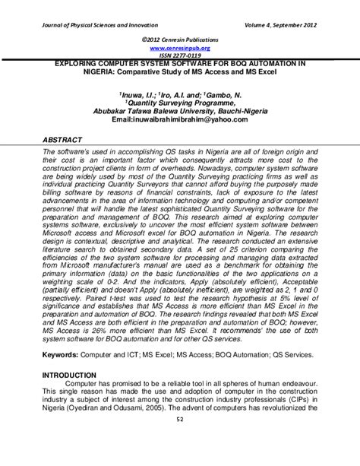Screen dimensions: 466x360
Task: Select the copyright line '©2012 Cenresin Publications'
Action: tap(179, 37)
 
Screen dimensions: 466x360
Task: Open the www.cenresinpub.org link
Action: tap(179, 46)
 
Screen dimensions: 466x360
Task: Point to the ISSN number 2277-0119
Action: tap(179, 55)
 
